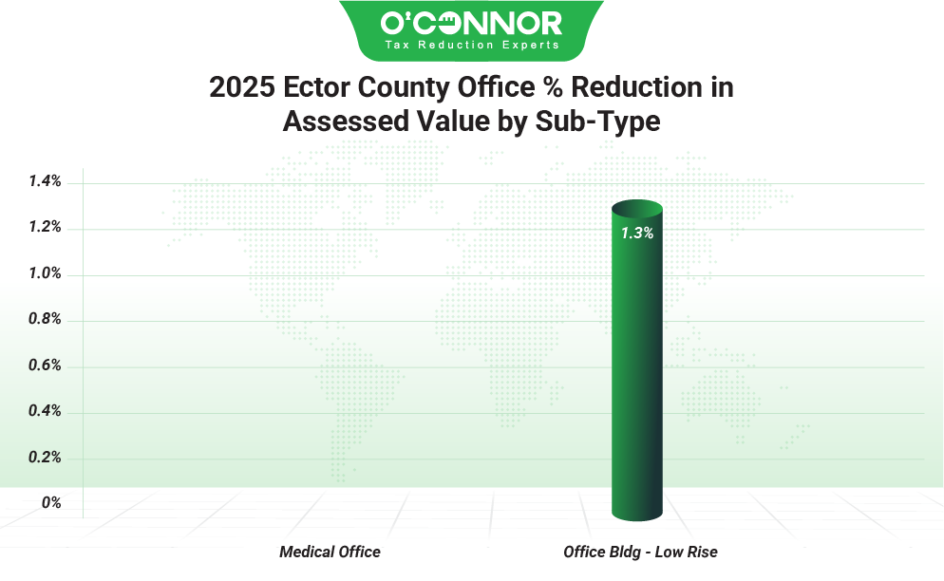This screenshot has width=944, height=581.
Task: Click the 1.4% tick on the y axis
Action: [x=44, y=181]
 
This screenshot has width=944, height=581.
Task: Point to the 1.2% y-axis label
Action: [x=44, y=228]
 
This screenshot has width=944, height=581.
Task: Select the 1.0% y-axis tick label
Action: [x=44, y=273]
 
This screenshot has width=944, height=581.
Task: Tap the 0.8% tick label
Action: [x=44, y=320]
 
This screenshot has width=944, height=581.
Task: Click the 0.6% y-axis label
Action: [x=44, y=365]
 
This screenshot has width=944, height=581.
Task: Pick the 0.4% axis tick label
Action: [x=44, y=411]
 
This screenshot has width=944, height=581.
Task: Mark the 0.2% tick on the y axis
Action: [x=44, y=458]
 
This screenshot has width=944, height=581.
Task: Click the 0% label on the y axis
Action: [x=51, y=503]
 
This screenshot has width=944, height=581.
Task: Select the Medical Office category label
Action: [x=330, y=552]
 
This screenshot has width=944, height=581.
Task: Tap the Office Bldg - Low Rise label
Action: [x=640, y=552]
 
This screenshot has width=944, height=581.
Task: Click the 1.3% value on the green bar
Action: [x=636, y=233]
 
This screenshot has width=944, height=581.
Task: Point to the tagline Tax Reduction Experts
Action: [x=471, y=45]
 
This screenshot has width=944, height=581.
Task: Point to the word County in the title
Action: [x=398, y=87]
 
